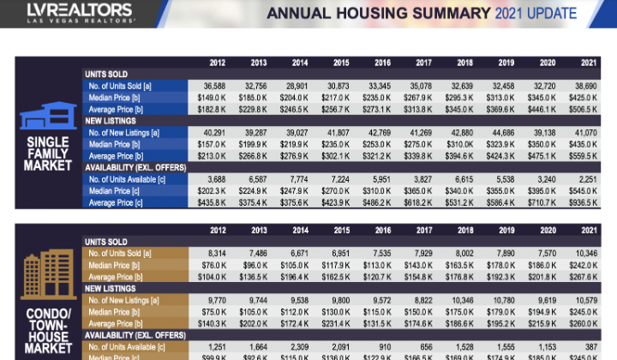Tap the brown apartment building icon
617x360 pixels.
point(48,278)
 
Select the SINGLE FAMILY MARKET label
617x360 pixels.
point(48,153)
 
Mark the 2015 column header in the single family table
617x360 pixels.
point(341,63)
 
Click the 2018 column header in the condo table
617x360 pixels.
point(464,229)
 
